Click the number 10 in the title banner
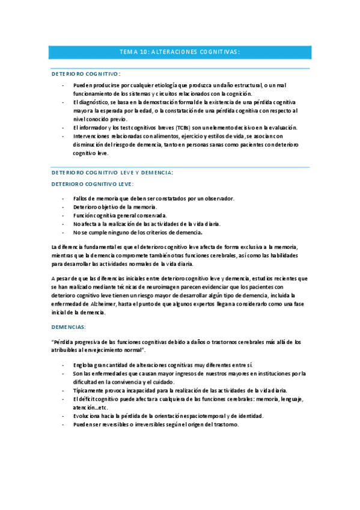coord(142,52)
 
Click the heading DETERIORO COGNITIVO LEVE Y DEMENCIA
coord(112,173)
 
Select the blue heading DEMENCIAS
coord(69,327)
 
